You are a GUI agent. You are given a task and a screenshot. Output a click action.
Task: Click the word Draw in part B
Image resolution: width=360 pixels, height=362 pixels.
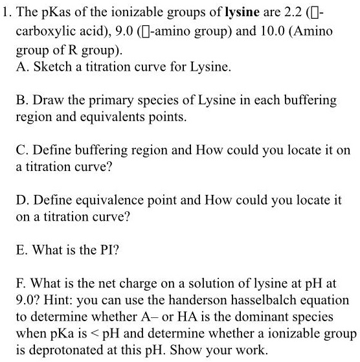pos(47,100)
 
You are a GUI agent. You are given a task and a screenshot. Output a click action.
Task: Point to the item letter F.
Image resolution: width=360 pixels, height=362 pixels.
pos(21,284)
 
